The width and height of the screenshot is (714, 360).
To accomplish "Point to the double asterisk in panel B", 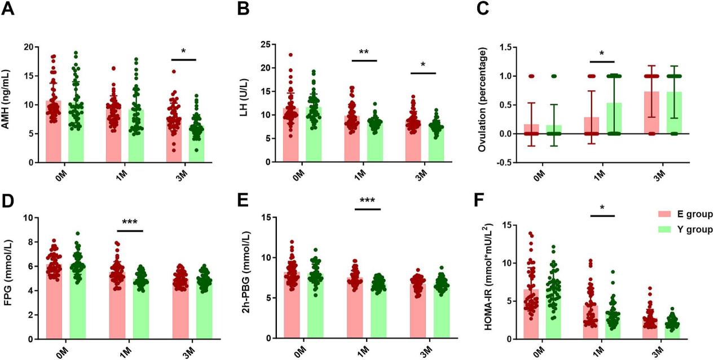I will (x=364, y=51).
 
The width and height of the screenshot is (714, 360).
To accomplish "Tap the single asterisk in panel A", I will (x=183, y=51).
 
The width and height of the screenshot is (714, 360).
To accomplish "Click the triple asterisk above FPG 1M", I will (x=130, y=222).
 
